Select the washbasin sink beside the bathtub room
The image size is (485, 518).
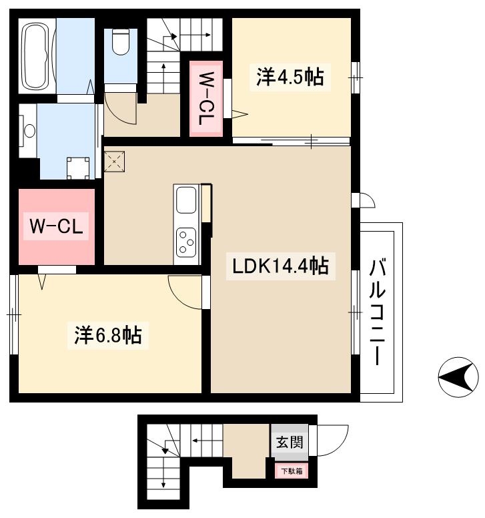[29, 131]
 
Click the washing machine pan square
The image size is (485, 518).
[79, 167]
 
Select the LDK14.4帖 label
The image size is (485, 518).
[280, 266]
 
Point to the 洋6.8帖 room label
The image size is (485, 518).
[107, 334]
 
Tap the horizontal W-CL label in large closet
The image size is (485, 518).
[56, 226]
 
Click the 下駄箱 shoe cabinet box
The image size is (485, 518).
[291, 471]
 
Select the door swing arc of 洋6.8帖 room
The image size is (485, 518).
[183, 292]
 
